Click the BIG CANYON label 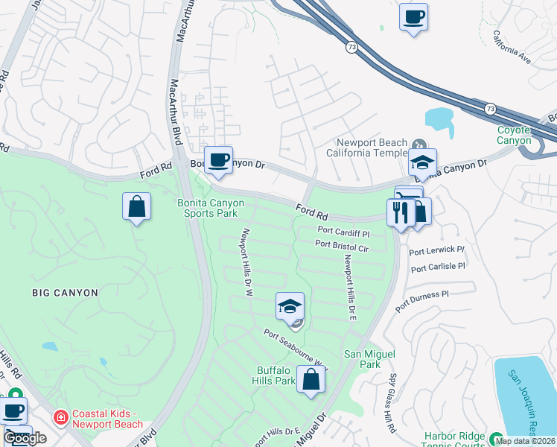(x=66, y=293)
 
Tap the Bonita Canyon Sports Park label (x=207, y=207)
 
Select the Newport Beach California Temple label (x=372, y=148)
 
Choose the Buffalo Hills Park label (x=276, y=375)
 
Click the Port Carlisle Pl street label (x=438, y=267)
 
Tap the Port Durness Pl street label (x=422, y=300)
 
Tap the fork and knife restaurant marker (x=401, y=213)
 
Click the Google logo (x=25, y=438)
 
